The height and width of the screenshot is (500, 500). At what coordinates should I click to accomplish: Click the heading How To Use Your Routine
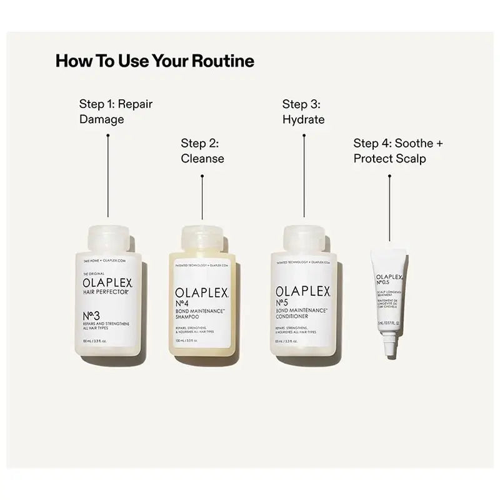[x=154, y=61]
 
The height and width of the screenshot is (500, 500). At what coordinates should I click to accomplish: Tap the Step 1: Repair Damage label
[x=116, y=111]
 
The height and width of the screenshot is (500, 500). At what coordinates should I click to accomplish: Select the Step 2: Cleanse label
[x=202, y=151]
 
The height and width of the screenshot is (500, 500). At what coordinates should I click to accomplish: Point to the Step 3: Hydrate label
[x=303, y=111]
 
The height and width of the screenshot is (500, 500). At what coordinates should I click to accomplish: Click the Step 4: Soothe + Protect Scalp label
[x=397, y=151]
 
